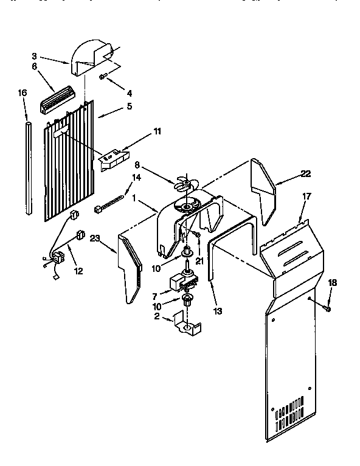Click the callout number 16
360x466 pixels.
(x=22, y=93)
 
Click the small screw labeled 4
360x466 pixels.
(x=104, y=76)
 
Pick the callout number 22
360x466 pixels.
(x=305, y=173)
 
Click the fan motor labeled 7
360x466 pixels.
(x=183, y=282)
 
